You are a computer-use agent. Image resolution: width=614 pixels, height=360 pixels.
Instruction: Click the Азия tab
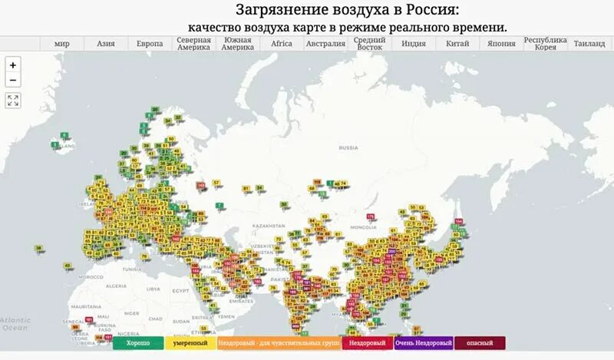(x=106, y=44)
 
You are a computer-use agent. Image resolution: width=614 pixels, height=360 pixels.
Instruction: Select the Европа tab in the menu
(x=150, y=44)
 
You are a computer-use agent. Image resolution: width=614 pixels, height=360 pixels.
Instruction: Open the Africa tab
(x=282, y=44)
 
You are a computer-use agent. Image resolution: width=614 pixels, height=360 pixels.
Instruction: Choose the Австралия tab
(x=325, y=44)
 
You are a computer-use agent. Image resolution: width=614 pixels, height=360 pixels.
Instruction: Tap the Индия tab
(x=414, y=44)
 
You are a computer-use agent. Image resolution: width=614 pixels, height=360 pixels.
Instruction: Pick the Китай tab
(x=457, y=44)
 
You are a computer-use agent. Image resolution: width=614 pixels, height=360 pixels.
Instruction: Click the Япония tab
(x=501, y=44)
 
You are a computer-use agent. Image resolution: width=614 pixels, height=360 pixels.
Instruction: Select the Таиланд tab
(x=589, y=44)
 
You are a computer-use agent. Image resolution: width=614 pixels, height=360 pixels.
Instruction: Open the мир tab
(x=62, y=44)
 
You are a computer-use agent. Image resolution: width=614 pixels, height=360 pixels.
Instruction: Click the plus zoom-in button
(x=13, y=65)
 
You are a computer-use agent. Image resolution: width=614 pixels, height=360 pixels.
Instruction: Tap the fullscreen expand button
(x=13, y=100)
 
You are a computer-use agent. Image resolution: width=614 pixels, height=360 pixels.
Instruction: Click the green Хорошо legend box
(x=138, y=343)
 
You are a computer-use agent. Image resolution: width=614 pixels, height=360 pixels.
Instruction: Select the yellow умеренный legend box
(x=189, y=343)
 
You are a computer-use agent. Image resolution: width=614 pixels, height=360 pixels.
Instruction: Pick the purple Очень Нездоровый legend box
(x=424, y=343)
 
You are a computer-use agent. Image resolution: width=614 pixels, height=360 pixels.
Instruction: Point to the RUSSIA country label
(x=348, y=147)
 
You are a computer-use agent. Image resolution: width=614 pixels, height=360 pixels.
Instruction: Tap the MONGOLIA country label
(x=363, y=228)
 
